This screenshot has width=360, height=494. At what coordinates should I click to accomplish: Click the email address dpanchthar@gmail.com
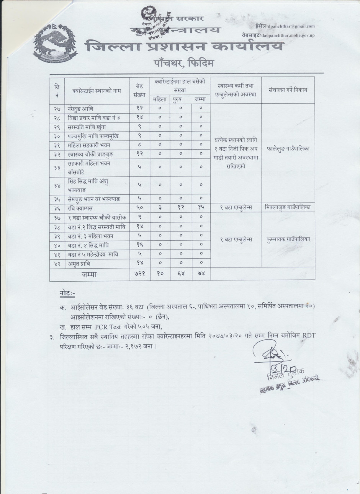(x=291, y=26)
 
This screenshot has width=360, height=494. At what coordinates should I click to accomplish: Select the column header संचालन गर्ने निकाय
(x=288, y=90)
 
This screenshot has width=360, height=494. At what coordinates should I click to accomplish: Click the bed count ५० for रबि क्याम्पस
(x=140, y=208)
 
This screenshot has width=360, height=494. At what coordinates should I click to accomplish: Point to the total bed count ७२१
(x=140, y=274)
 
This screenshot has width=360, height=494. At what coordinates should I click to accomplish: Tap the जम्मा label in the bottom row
(x=89, y=274)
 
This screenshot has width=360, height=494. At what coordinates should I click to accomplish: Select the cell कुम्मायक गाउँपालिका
(x=288, y=239)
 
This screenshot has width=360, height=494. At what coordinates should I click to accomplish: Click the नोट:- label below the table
(x=68, y=293)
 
